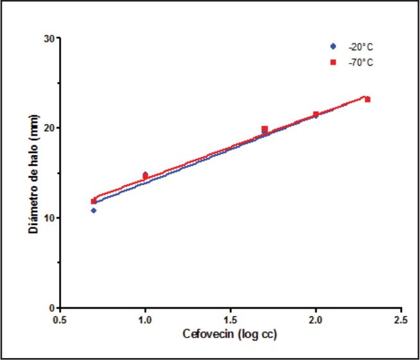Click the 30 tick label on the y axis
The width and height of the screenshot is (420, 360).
point(47,38)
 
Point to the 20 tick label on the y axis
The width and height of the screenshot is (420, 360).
point(47,128)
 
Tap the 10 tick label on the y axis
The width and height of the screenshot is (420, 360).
point(47,218)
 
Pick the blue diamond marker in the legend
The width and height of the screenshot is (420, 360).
point(333,47)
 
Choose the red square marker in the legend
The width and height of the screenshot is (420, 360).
point(333,62)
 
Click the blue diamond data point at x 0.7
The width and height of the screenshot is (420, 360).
point(94,210)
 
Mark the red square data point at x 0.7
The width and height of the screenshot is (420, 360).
point(94,201)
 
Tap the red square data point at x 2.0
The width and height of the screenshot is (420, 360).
point(316,114)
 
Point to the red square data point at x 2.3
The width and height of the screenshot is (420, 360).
point(367,100)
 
